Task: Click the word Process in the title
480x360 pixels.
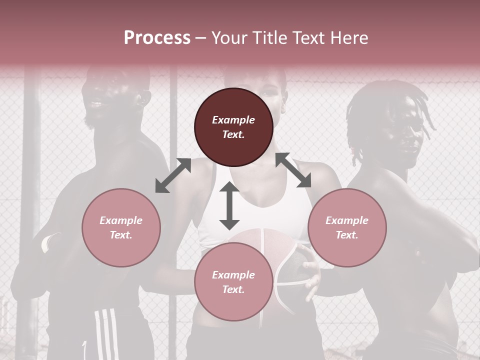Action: click(x=157, y=38)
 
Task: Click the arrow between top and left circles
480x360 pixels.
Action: click(x=173, y=175)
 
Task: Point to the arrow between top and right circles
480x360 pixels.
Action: click(x=293, y=170)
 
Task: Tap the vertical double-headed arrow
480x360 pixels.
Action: click(x=229, y=205)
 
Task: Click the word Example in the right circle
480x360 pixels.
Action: click(x=347, y=220)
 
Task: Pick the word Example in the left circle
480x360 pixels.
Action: click(x=121, y=220)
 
